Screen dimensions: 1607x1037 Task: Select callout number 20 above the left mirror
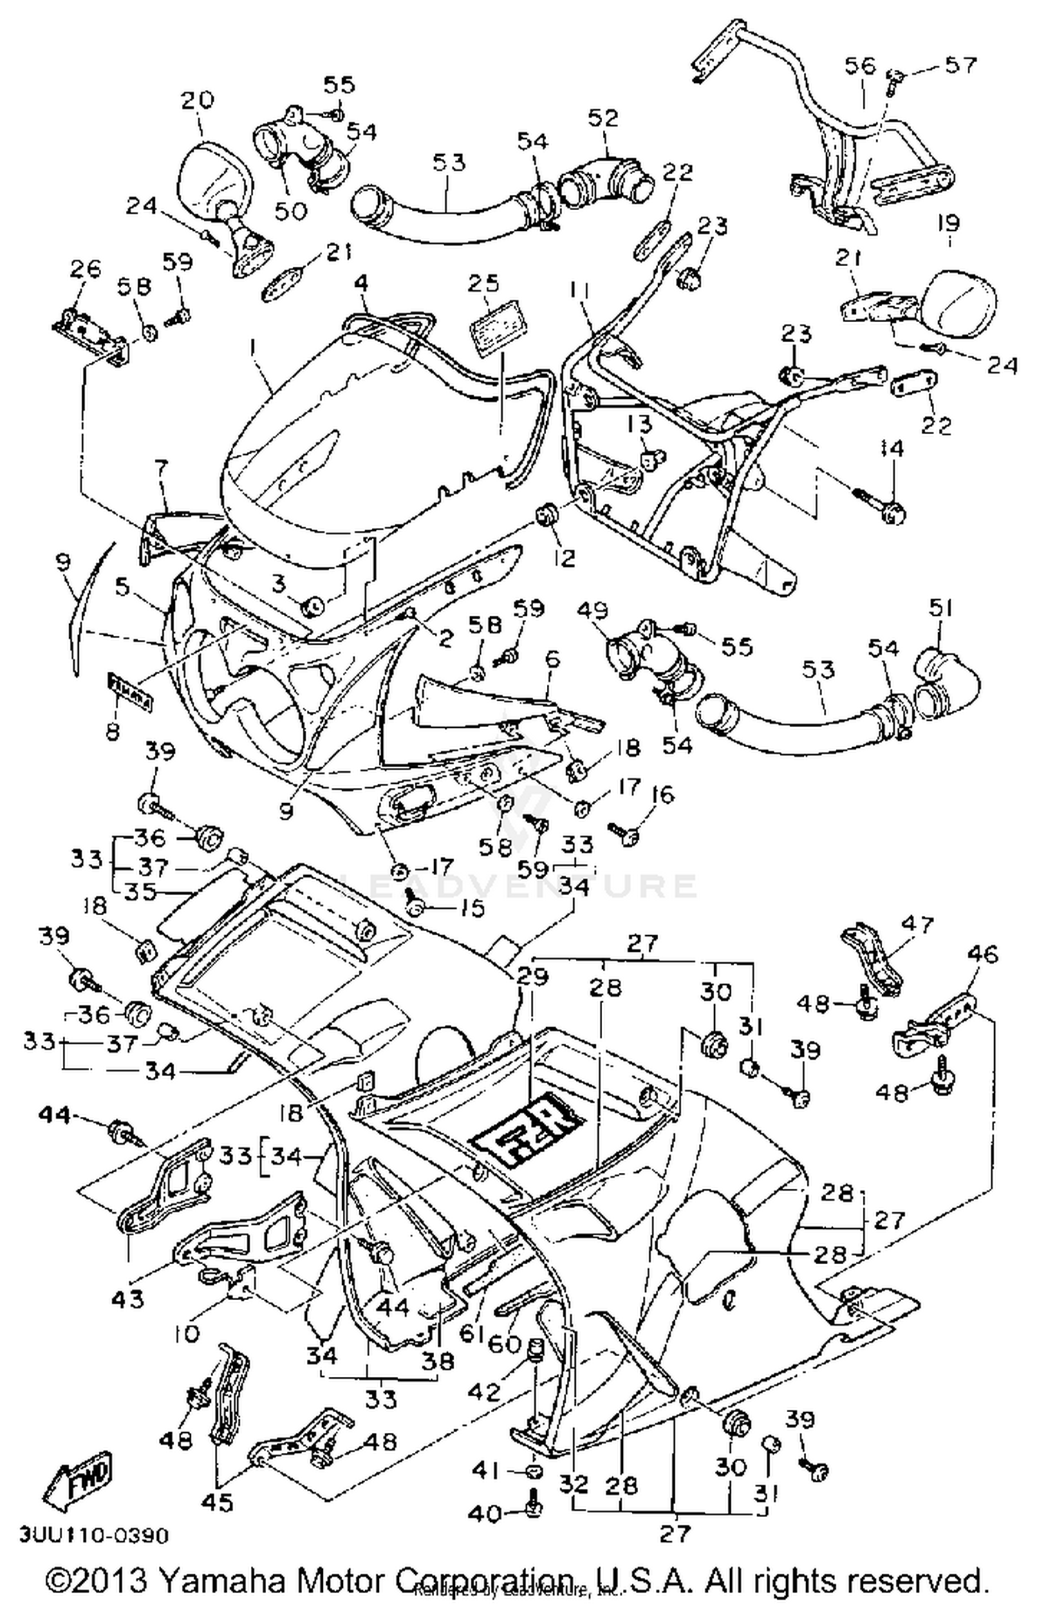click(198, 101)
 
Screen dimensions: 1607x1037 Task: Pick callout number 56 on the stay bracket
click(860, 66)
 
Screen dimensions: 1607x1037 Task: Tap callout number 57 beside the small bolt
click(961, 65)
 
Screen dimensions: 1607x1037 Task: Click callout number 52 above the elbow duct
click(602, 118)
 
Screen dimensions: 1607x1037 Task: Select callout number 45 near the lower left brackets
click(216, 1503)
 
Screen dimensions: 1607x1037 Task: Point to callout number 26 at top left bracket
click(86, 270)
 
